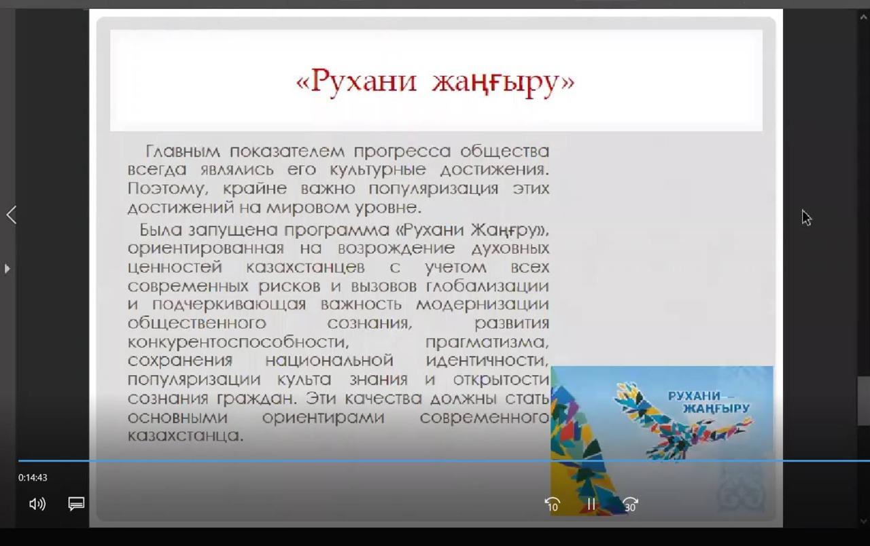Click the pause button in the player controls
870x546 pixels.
point(591,504)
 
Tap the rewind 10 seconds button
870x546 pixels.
point(553,505)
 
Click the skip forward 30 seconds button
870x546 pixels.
point(630,505)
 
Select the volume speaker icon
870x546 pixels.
point(37,504)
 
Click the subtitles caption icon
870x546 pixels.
point(76,504)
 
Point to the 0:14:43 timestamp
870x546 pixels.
point(33,477)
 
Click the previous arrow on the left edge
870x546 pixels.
point(12,215)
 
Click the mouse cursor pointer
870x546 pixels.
point(806,217)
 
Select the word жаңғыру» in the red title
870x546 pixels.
point(504,83)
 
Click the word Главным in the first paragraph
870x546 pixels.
point(183,151)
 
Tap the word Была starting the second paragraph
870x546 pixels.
point(160,230)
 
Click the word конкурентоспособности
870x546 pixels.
point(238,342)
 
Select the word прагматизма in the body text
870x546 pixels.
point(487,342)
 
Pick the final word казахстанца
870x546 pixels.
point(186,436)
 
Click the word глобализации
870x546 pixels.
point(487,287)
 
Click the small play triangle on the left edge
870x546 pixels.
point(7,268)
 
